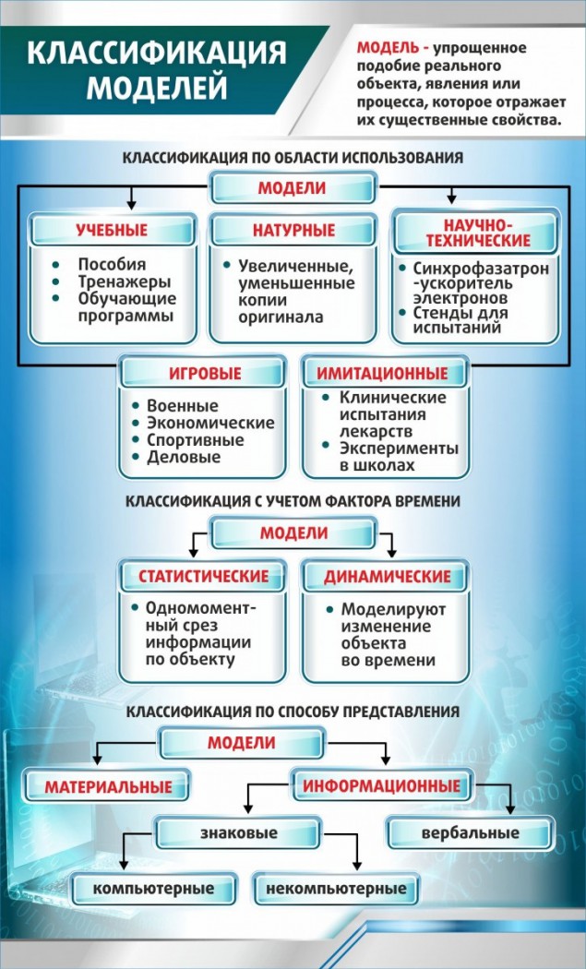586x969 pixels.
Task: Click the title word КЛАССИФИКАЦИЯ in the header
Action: pyautogui.click(x=156, y=53)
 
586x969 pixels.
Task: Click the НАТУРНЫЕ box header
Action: pyautogui.click(x=293, y=230)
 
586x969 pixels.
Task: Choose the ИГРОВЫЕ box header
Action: pyautogui.click(x=205, y=374)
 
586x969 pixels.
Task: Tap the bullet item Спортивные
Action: pyautogui.click(x=195, y=439)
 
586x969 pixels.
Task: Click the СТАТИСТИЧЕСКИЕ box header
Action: pyautogui.click(x=203, y=577)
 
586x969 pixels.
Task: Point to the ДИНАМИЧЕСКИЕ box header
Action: pyautogui.click(x=388, y=577)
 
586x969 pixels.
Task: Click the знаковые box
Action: pyautogui.click(x=239, y=833)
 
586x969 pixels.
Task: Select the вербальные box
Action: pyautogui.click(x=470, y=833)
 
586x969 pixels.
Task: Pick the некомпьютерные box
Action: pyautogui.click(x=336, y=889)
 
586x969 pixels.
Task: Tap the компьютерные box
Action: pyautogui.click(x=153, y=889)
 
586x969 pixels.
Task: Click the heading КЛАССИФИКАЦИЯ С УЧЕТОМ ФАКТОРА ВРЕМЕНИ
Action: pyautogui.click(x=293, y=502)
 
